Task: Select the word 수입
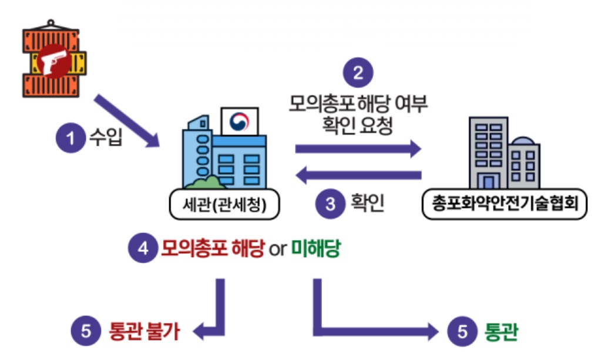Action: tap(105, 140)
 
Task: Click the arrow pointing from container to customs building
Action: tap(130, 120)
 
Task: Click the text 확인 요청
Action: tap(358, 126)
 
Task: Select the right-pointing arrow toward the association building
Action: tap(358, 149)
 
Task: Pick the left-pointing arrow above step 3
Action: tap(358, 174)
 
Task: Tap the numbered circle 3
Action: tap(330, 204)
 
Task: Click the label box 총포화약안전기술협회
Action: tap(505, 204)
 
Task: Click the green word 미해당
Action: tap(317, 248)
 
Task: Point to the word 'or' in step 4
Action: tap(277, 249)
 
